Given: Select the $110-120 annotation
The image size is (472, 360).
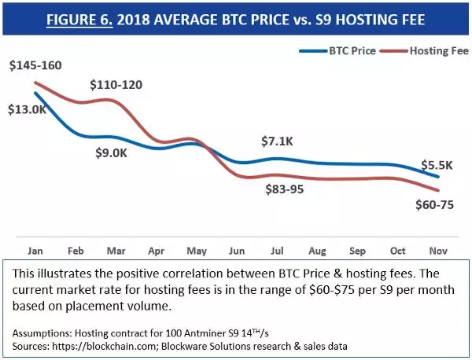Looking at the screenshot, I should (x=116, y=84).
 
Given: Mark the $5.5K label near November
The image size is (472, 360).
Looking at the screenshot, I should (x=437, y=165).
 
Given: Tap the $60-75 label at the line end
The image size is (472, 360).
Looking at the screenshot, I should (x=433, y=205).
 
